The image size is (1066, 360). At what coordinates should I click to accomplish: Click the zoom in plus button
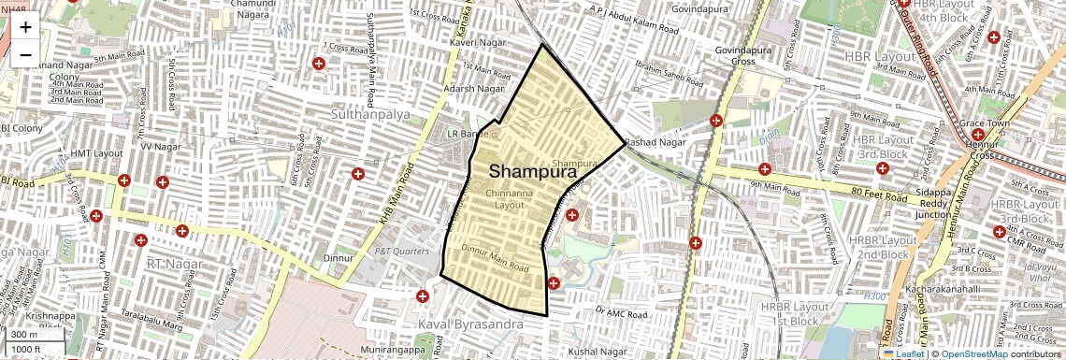25,27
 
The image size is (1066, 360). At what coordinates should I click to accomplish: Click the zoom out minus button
25,54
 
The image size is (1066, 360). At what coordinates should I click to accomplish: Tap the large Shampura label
531,172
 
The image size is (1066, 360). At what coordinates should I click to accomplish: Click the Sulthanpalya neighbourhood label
371,113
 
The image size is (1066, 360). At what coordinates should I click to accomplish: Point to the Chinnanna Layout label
510,198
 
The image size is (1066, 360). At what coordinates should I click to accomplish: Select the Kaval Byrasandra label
472,324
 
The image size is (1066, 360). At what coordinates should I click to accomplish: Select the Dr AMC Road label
621,311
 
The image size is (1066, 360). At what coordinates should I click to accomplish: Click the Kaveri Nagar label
478,44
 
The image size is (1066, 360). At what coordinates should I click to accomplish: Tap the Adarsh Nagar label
474,89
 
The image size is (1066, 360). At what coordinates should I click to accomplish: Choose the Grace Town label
986,123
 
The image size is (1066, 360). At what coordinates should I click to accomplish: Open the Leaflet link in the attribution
903,353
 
